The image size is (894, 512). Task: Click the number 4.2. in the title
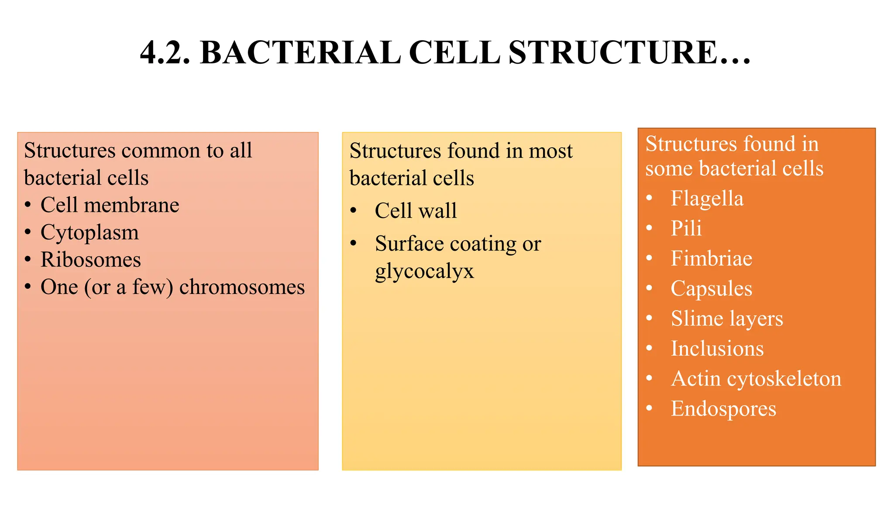pos(165,53)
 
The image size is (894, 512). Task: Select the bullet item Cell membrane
pos(110,205)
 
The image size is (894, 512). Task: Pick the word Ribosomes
pos(91,260)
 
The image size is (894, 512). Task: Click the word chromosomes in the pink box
pos(242,287)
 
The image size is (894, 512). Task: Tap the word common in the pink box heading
pos(161,151)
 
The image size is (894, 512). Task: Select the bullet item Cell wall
pos(416,211)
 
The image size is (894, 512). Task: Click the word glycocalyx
pos(424,271)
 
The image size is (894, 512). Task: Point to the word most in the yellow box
pos(550,151)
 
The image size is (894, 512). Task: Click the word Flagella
pos(707,199)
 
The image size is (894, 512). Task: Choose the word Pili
pos(686,228)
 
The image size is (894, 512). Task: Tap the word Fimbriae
pos(712,259)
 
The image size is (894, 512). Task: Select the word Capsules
pos(712,289)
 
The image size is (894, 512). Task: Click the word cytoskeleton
pos(784,379)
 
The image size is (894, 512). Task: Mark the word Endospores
pos(723,409)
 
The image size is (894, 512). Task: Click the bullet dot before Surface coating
pos(354,243)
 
